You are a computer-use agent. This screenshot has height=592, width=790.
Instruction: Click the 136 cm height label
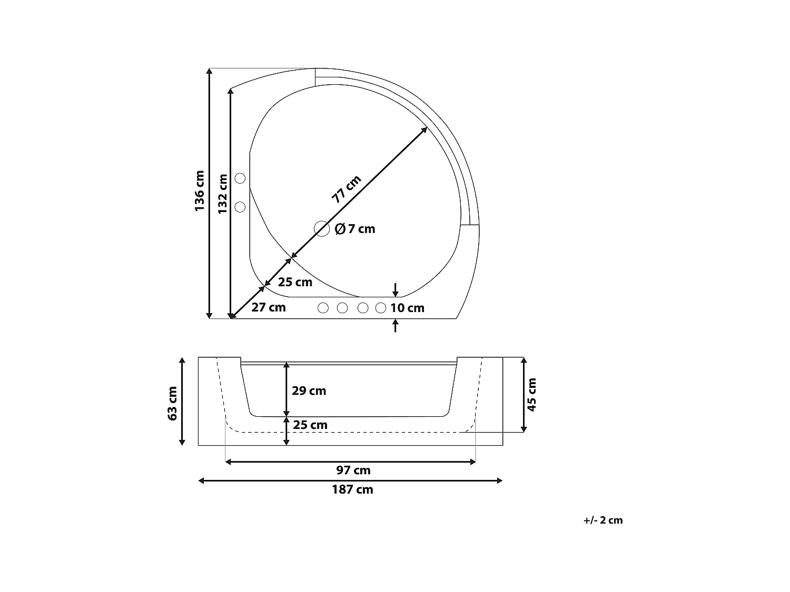[x=199, y=191]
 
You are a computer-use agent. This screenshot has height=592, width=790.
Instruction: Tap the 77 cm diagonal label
[x=346, y=189]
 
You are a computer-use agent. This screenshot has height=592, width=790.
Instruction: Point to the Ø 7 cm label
[x=355, y=229]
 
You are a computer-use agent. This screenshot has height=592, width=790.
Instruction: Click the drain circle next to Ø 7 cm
[x=321, y=229]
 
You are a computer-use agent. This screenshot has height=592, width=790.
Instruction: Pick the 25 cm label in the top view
[x=295, y=282]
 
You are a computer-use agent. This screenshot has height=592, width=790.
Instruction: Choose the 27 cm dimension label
[x=268, y=307]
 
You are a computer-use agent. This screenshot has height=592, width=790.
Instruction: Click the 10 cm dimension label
[x=407, y=308]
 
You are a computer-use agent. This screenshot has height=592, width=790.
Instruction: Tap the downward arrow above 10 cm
[x=396, y=289]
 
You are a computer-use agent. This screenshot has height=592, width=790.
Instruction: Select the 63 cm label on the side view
[x=172, y=403]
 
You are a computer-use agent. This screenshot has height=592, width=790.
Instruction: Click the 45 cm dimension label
[x=532, y=395]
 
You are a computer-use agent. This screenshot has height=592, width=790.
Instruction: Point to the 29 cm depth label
[x=309, y=391]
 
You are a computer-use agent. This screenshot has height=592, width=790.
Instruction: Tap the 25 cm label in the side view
[x=310, y=425]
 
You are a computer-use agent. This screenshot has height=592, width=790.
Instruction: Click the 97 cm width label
[x=353, y=470]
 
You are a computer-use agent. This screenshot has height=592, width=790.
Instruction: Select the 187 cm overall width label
[x=352, y=490]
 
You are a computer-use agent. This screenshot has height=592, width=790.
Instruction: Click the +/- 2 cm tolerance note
[x=603, y=520]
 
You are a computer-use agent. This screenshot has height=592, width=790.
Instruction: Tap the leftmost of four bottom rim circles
[x=323, y=308]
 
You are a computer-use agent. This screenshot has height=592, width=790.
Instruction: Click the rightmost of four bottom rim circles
[x=381, y=308]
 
